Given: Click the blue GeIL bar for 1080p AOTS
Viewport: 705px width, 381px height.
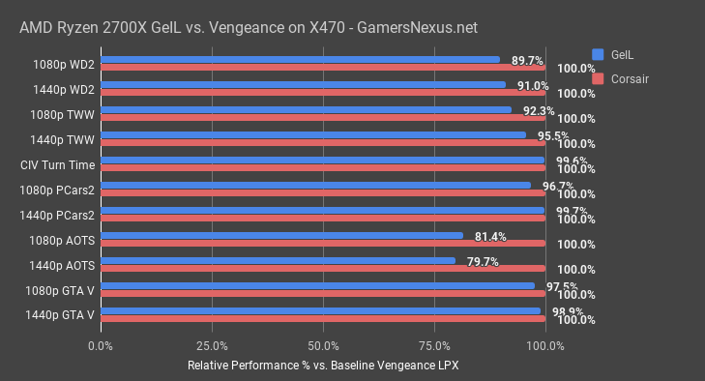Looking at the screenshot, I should tap(281, 235).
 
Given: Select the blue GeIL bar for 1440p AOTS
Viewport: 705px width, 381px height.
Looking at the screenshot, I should tap(278, 260).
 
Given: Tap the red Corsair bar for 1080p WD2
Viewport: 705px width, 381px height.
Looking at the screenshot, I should tap(322, 68).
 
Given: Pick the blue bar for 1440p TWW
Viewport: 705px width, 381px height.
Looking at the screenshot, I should tap(312, 135).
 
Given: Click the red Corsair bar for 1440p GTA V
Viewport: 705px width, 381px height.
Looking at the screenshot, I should tap(322, 319).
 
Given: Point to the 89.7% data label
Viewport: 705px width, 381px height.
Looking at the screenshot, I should tap(528, 60).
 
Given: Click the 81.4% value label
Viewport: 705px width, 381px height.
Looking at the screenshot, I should tap(491, 236).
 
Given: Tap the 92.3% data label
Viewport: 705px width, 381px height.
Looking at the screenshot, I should tap(540, 110).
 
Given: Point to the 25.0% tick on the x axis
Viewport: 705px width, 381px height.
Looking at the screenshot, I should tap(212, 345).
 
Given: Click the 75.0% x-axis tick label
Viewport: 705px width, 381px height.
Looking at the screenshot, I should tap(434, 345).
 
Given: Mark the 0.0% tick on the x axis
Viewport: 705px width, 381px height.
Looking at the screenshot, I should tap(101, 345).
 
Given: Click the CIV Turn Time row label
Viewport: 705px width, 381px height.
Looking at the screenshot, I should tap(57, 164).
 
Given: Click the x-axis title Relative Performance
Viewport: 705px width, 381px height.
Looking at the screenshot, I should tap(322, 366).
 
